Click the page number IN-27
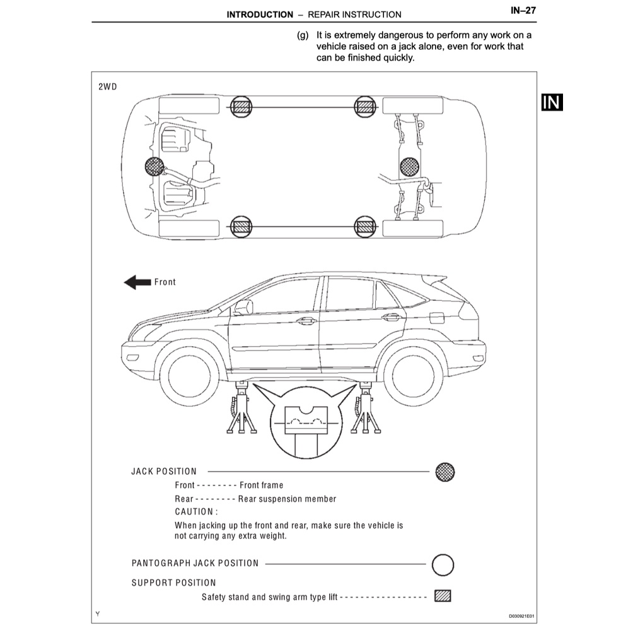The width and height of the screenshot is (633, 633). pyautogui.click(x=523, y=11)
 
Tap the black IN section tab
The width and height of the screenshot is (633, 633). pyautogui.click(x=552, y=102)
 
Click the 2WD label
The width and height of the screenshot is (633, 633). pyautogui.click(x=107, y=87)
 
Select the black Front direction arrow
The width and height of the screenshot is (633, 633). pyautogui.click(x=137, y=282)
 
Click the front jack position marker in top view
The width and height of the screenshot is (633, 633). pyautogui.click(x=154, y=166)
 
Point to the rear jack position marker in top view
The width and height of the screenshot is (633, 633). pyautogui.click(x=409, y=166)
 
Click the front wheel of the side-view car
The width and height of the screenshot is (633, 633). pyautogui.click(x=189, y=376)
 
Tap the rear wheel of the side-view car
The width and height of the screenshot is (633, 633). pyautogui.click(x=413, y=376)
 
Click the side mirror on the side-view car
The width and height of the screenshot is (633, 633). pyautogui.click(x=243, y=307)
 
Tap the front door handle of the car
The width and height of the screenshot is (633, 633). pyautogui.click(x=306, y=321)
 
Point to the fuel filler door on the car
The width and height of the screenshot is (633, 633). pyautogui.click(x=437, y=318)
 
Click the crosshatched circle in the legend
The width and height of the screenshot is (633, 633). pyautogui.click(x=445, y=472)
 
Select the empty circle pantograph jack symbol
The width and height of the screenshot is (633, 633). pyautogui.click(x=443, y=565)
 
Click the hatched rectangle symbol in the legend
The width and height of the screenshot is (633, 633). pyautogui.click(x=443, y=596)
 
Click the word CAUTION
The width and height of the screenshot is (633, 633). pyautogui.click(x=194, y=512)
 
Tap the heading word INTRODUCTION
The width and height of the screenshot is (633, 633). pyautogui.click(x=260, y=15)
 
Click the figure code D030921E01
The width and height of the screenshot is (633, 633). pyautogui.click(x=521, y=616)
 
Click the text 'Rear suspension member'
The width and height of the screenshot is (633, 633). pyautogui.click(x=287, y=499)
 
